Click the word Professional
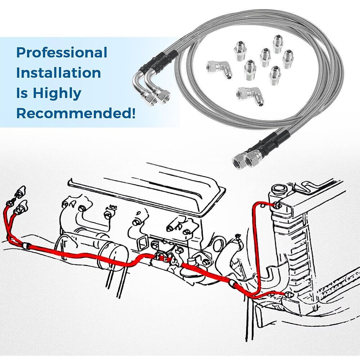[x=62, y=53]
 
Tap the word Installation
[x=59, y=73]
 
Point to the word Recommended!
[x=76, y=113]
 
